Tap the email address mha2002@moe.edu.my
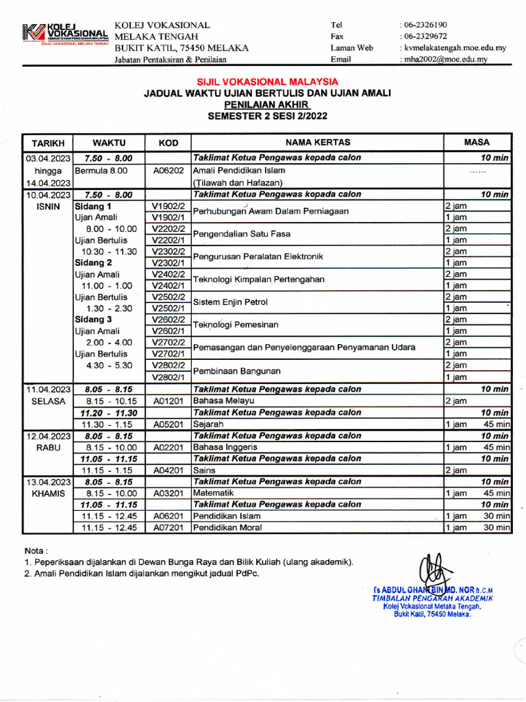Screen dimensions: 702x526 (x=446, y=60)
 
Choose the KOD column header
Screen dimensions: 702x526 (x=168, y=143)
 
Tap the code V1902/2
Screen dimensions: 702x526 (x=168, y=206)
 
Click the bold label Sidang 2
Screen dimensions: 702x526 (x=95, y=263)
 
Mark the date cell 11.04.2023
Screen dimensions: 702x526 (x=48, y=389)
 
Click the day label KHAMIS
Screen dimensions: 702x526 (x=48, y=494)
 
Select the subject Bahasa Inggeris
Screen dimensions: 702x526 (x=225, y=447)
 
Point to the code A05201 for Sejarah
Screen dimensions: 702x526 (x=168, y=424)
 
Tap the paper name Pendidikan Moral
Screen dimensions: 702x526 (x=227, y=528)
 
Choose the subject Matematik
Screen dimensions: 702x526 (x=214, y=493)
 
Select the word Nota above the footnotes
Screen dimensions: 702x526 (x=36, y=550)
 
